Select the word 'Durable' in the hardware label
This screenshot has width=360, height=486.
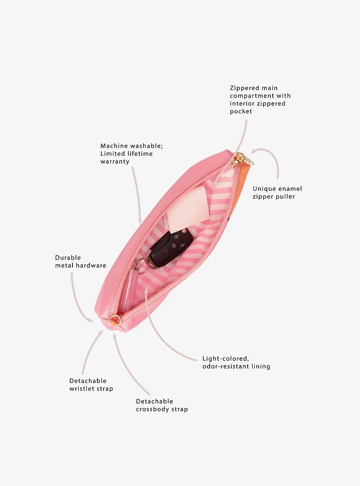pos(68,257)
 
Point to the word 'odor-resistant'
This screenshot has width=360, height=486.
pos(226,366)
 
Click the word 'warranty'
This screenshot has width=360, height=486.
pos(115,162)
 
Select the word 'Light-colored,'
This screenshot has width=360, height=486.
pos(226,359)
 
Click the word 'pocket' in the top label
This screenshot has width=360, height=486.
pos(241,112)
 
